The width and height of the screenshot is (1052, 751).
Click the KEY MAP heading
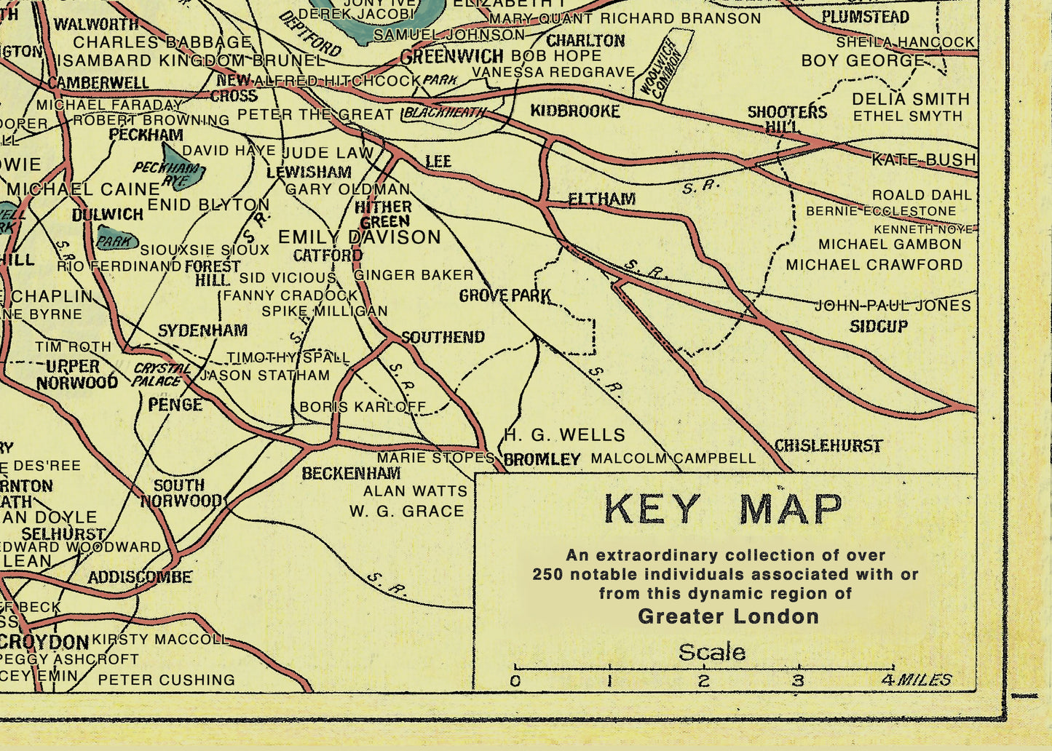(724, 509)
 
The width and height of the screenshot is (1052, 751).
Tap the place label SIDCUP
(879, 326)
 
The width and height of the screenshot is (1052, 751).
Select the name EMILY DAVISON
(360, 237)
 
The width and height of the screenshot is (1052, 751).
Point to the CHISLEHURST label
(828, 445)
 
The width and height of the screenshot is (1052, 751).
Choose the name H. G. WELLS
(564, 435)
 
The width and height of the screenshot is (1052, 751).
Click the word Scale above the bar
(711, 652)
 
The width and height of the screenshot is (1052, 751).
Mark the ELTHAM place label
(601, 199)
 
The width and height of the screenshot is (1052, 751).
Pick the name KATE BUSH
(923, 159)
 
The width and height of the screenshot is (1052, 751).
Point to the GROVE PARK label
(505, 295)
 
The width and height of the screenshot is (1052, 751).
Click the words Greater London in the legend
(728, 616)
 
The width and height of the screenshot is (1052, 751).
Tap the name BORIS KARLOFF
(363, 407)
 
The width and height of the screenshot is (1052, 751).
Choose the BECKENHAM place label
(351, 473)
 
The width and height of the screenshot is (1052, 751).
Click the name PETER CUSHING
(166, 680)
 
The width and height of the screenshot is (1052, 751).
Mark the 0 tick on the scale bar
(515, 667)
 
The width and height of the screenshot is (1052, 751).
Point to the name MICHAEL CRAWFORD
(874, 265)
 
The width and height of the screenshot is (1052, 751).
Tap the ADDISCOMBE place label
(140, 577)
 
